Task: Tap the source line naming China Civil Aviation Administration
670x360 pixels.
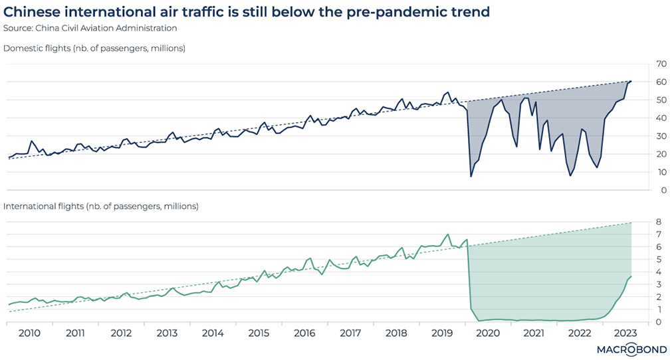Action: pyautogui.click(x=90, y=28)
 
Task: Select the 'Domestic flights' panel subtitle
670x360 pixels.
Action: pyautogui.click(x=94, y=48)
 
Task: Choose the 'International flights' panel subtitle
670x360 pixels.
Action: pyautogui.click(x=101, y=206)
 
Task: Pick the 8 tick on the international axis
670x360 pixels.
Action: pyautogui.click(x=658, y=222)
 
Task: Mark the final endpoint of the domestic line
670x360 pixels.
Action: pyautogui.click(x=631, y=81)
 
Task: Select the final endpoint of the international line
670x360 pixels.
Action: pyautogui.click(x=631, y=276)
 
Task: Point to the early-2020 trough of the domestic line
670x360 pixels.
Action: pyautogui.click(x=471, y=176)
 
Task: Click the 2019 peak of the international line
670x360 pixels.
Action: pyautogui.click(x=448, y=234)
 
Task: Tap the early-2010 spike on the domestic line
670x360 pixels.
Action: pyautogui.click(x=32, y=141)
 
